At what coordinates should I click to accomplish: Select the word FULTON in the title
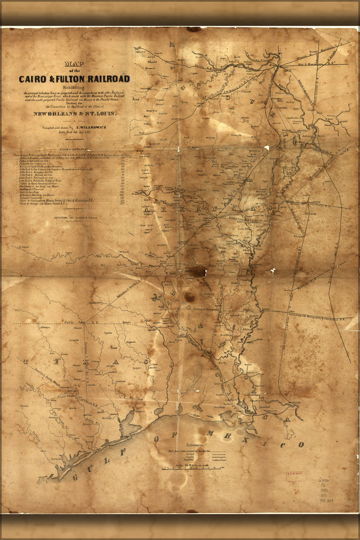point(72,79)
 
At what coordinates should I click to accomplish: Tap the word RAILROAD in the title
point(110,79)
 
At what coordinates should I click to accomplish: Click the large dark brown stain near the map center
point(197,271)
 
